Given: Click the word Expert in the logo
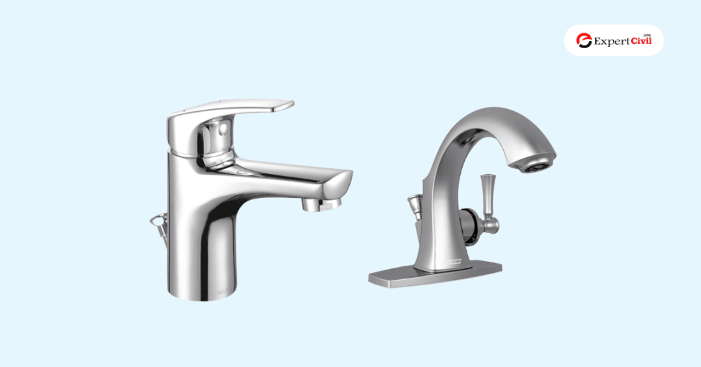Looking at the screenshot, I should click(x=611, y=42).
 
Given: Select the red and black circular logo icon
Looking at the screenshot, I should click(x=584, y=41).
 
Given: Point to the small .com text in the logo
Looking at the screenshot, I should click(x=646, y=34).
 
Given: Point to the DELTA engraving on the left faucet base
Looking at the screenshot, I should click(x=223, y=293).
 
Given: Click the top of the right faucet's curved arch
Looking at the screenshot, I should click(x=493, y=117).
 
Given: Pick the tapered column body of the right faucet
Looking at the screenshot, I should click(x=448, y=221).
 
